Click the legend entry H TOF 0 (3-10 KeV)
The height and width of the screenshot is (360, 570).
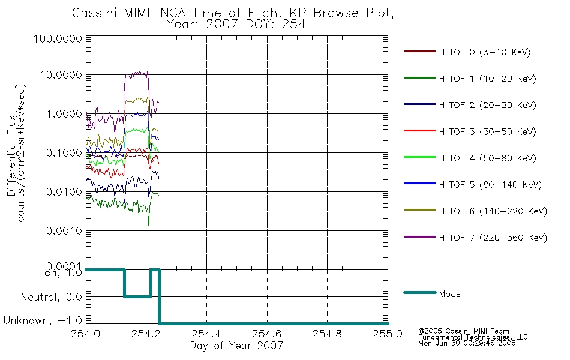point(485,52)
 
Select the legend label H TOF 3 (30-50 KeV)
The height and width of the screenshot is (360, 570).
point(487,131)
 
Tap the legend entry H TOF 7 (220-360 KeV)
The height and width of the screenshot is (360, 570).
point(493,238)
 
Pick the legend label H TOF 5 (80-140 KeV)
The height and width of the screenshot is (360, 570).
point(490,185)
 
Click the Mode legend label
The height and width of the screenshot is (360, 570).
point(449,294)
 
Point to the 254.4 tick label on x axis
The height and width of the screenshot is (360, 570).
point(206,334)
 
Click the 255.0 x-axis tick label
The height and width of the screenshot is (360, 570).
point(388,334)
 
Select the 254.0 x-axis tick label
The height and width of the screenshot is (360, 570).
point(86,334)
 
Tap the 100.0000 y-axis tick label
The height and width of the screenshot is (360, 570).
point(58,38)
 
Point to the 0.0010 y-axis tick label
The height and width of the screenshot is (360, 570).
point(64,231)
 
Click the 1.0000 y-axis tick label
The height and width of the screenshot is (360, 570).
point(64,114)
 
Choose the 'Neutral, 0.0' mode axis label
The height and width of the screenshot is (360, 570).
point(51,297)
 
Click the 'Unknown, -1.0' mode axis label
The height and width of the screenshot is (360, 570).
point(43,320)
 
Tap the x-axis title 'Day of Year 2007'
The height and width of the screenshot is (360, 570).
point(236,346)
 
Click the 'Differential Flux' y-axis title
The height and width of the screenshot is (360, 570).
point(11,155)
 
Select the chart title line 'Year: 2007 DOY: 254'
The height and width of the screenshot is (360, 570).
point(236,25)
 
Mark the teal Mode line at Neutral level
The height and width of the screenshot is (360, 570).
point(137,297)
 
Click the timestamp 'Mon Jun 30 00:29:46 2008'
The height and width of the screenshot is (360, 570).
point(467,343)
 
